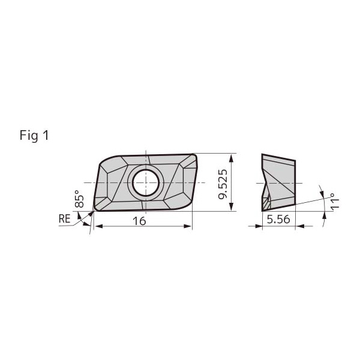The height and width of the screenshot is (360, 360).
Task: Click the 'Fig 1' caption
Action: [x=34, y=135]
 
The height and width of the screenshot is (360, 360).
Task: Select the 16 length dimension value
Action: [x=139, y=221]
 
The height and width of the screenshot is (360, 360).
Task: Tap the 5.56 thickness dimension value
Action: [x=278, y=220]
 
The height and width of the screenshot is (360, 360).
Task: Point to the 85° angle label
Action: [x=79, y=199]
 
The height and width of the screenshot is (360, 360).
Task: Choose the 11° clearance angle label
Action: [x=335, y=201]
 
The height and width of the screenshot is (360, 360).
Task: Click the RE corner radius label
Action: [x=65, y=218]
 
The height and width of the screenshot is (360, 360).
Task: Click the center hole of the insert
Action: [x=146, y=183]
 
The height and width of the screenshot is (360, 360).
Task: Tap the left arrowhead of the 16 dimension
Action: [x=99, y=226]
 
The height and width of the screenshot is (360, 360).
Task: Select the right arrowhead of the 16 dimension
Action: [x=188, y=226]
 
